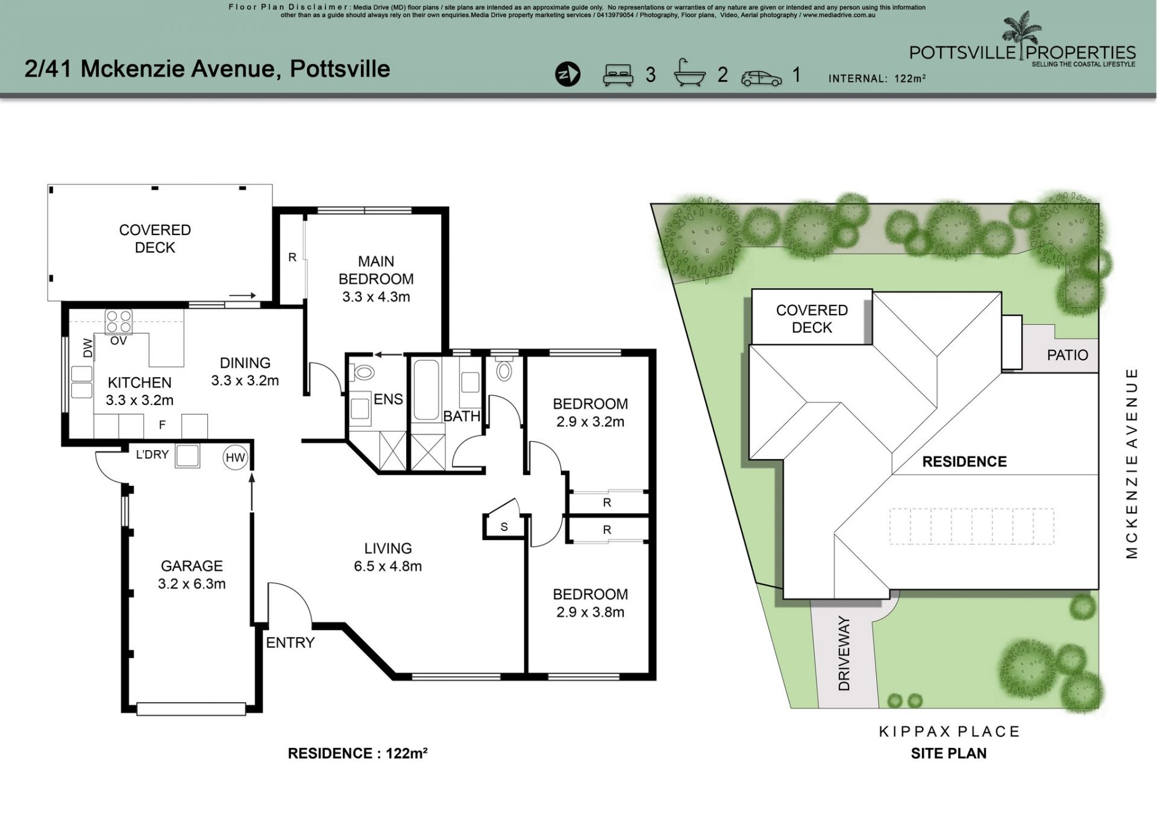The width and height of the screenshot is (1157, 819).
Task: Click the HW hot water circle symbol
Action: click(x=235, y=457)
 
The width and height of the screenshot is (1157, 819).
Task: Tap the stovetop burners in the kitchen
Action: click(x=119, y=321)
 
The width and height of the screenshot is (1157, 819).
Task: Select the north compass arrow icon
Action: click(x=567, y=75)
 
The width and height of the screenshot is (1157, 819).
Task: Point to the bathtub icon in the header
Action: click(x=689, y=74)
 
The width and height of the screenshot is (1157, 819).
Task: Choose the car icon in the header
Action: click(x=762, y=78)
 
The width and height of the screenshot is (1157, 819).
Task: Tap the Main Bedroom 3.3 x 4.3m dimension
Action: click(x=376, y=297)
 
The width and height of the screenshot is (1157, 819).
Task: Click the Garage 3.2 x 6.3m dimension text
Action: click(x=192, y=583)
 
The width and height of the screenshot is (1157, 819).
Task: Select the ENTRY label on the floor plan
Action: click(x=290, y=642)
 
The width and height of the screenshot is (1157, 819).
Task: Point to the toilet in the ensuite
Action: click(x=364, y=372)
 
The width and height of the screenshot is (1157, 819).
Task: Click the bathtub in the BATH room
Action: click(x=426, y=389)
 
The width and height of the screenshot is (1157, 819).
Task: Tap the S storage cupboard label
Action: click(x=504, y=527)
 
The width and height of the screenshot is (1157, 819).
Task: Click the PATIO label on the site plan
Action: click(x=1067, y=355)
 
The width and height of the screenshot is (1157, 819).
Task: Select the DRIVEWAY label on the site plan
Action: click(x=844, y=653)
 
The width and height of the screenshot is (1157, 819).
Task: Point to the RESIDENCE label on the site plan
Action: click(x=964, y=462)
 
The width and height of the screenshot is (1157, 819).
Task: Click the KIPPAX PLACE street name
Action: click(x=949, y=732)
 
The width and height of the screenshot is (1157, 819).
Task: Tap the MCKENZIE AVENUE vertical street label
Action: click(x=1132, y=463)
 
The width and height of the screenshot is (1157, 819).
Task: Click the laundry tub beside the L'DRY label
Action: click(x=187, y=456)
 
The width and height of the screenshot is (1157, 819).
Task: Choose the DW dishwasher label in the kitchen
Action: click(x=88, y=348)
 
